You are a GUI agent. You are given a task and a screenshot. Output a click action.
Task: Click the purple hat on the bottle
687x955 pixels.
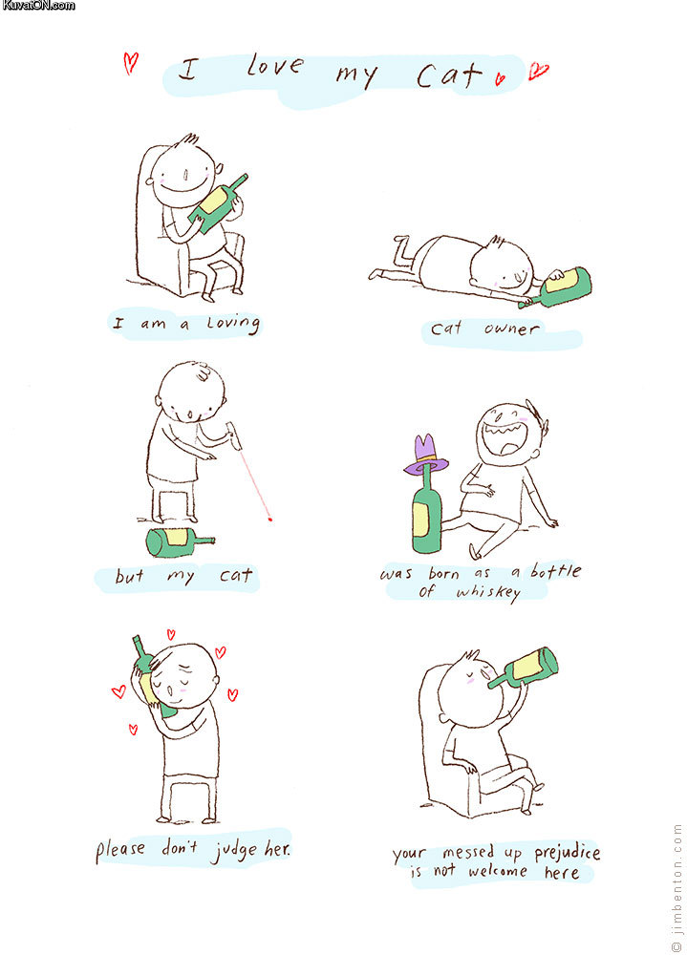(x=426, y=456)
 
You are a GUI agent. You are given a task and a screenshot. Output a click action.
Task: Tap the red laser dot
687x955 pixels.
(x=271, y=520)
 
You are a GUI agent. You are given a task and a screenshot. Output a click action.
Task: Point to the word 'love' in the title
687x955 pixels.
(x=275, y=67)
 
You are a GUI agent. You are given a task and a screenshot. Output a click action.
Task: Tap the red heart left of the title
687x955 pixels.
(x=130, y=63)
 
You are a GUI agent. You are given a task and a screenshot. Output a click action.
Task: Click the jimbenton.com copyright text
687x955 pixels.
(x=676, y=880)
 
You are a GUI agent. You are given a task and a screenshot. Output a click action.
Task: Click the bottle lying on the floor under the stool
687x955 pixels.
(x=178, y=541)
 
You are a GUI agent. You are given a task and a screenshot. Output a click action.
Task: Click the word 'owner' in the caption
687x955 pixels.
(x=511, y=329)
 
